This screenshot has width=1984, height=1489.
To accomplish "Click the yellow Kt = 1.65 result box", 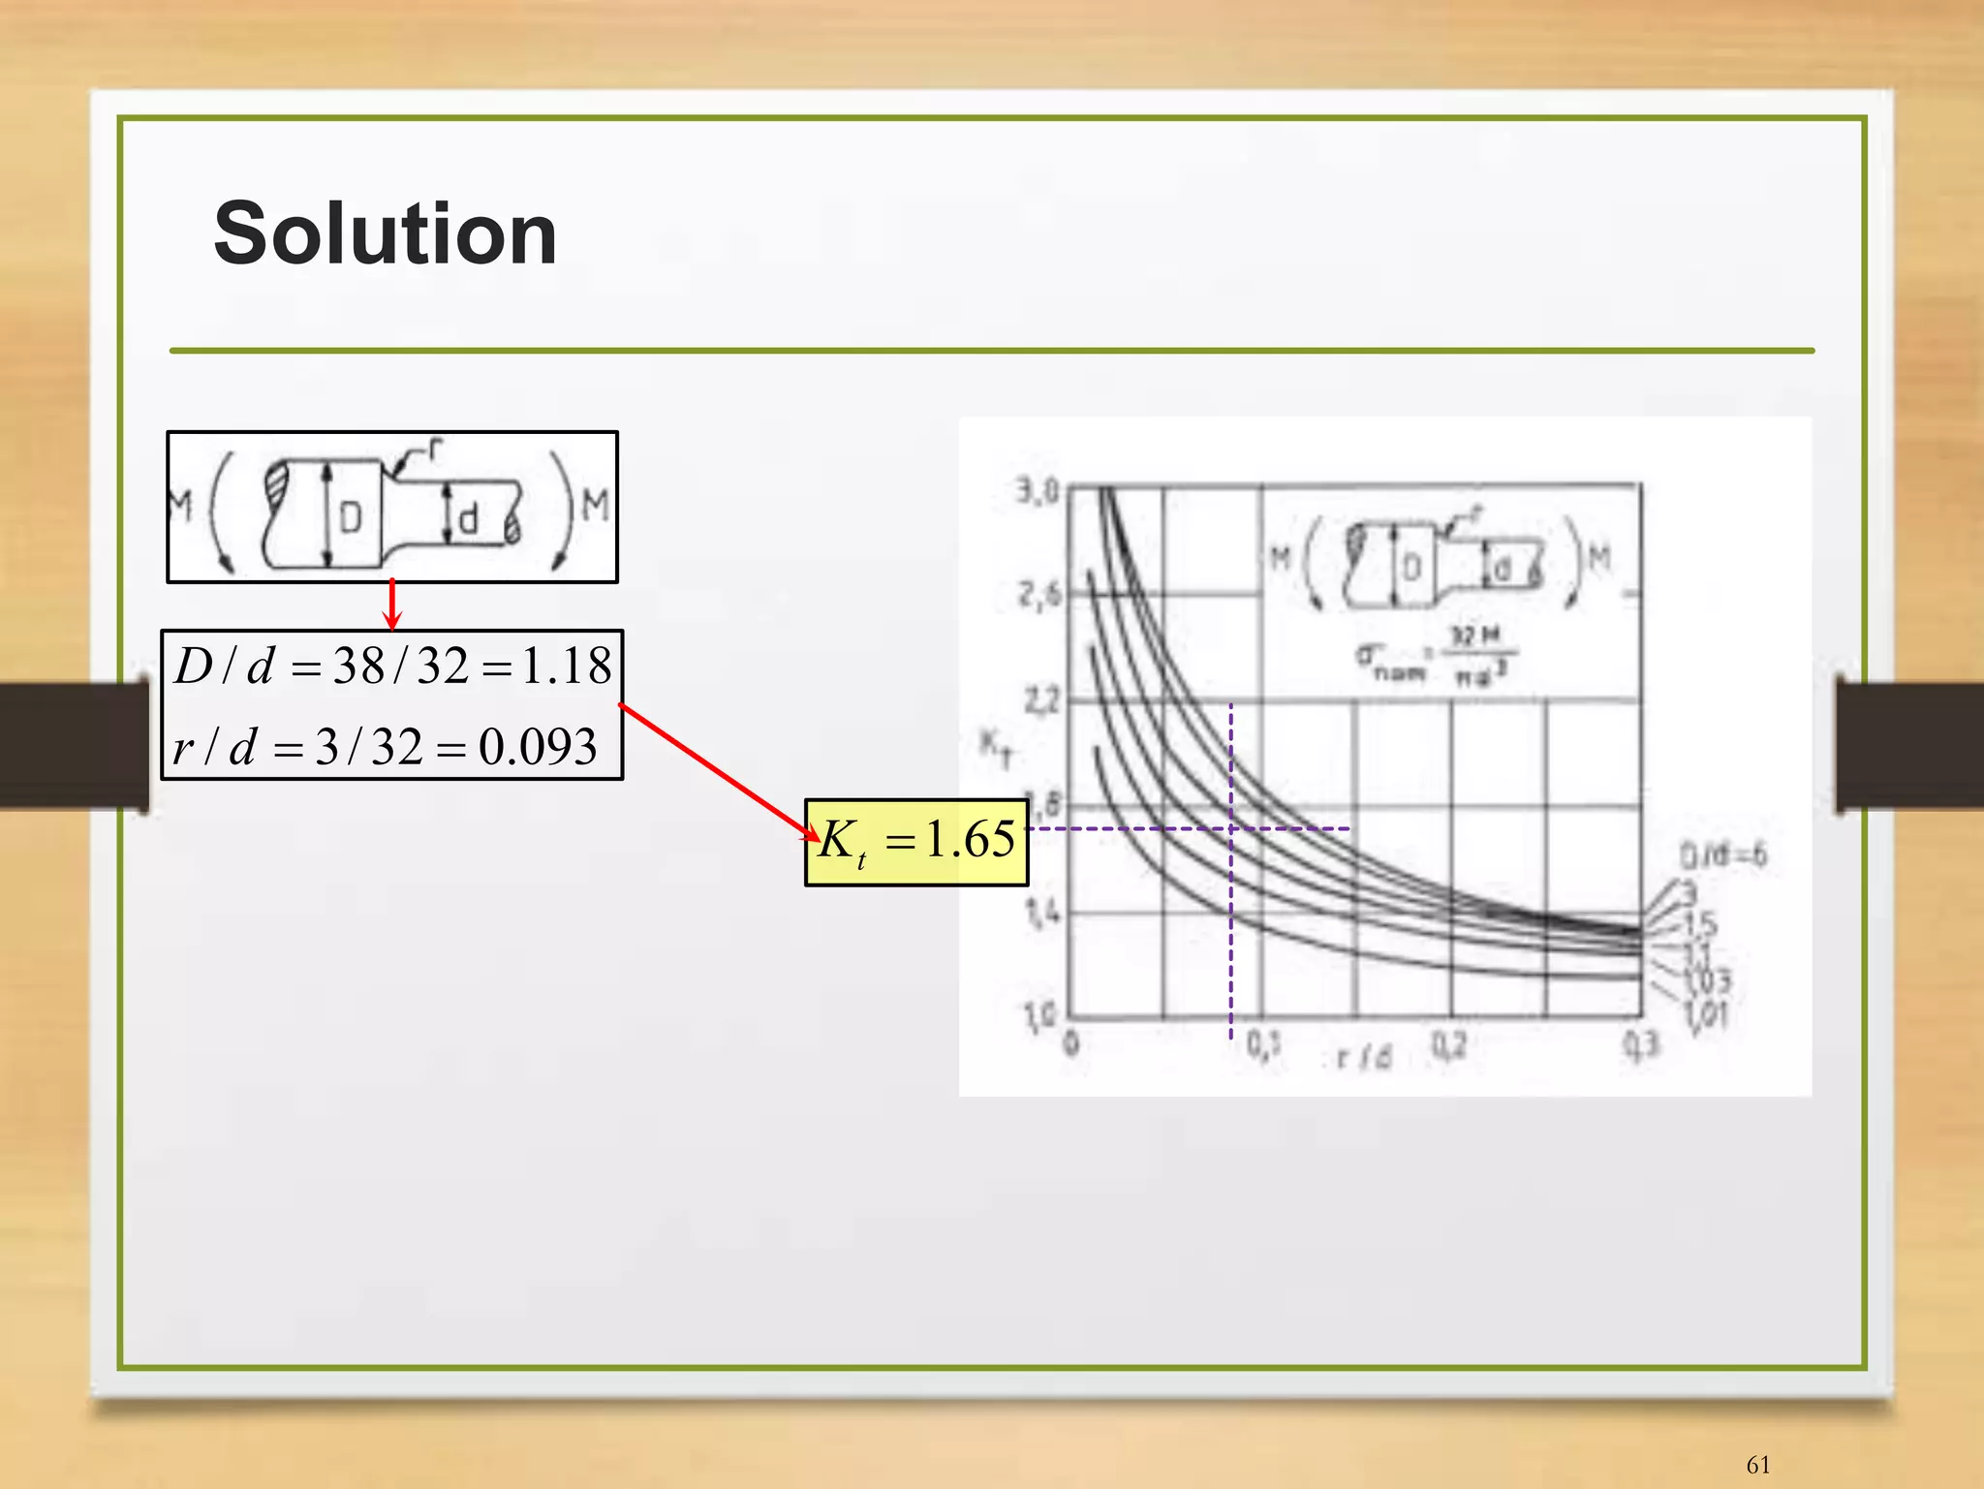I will pyautogui.click(x=915, y=841).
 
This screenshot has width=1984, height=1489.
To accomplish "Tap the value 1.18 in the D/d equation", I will pyautogui.click(x=567, y=667).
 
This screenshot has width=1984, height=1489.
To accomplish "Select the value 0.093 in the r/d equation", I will pyautogui.click(x=538, y=747).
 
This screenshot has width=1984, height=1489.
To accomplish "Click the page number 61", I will pyautogui.click(x=1757, y=1465).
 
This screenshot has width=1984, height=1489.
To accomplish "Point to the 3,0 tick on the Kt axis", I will pyautogui.click(x=1038, y=492).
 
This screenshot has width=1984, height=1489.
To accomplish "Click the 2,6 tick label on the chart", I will pyautogui.click(x=1038, y=594).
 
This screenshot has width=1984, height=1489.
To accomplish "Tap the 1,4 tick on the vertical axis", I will pyautogui.click(x=1040, y=912).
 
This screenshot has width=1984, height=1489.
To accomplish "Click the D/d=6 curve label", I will pyautogui.click(x=1722, y=854).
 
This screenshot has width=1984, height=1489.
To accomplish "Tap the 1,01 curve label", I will pyautogui.click(x=1706, y=1015).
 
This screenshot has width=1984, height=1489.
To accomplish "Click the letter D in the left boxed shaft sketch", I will pyautogui.click(x=351, y=518).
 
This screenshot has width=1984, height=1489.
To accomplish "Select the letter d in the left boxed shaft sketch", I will pyautogui.click(x=468, y=519).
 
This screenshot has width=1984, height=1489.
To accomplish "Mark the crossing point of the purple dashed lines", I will pyautogui.click(x=1231, y=829).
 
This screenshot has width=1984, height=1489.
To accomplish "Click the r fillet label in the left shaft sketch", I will pyautogui.click(x=435, y=449).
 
